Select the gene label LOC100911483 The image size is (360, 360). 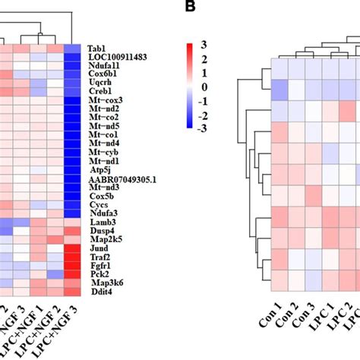click(x=118, y=57)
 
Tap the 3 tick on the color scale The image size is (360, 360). click(x=203, y=47)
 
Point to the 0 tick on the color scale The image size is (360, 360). click(x=203, y=88)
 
